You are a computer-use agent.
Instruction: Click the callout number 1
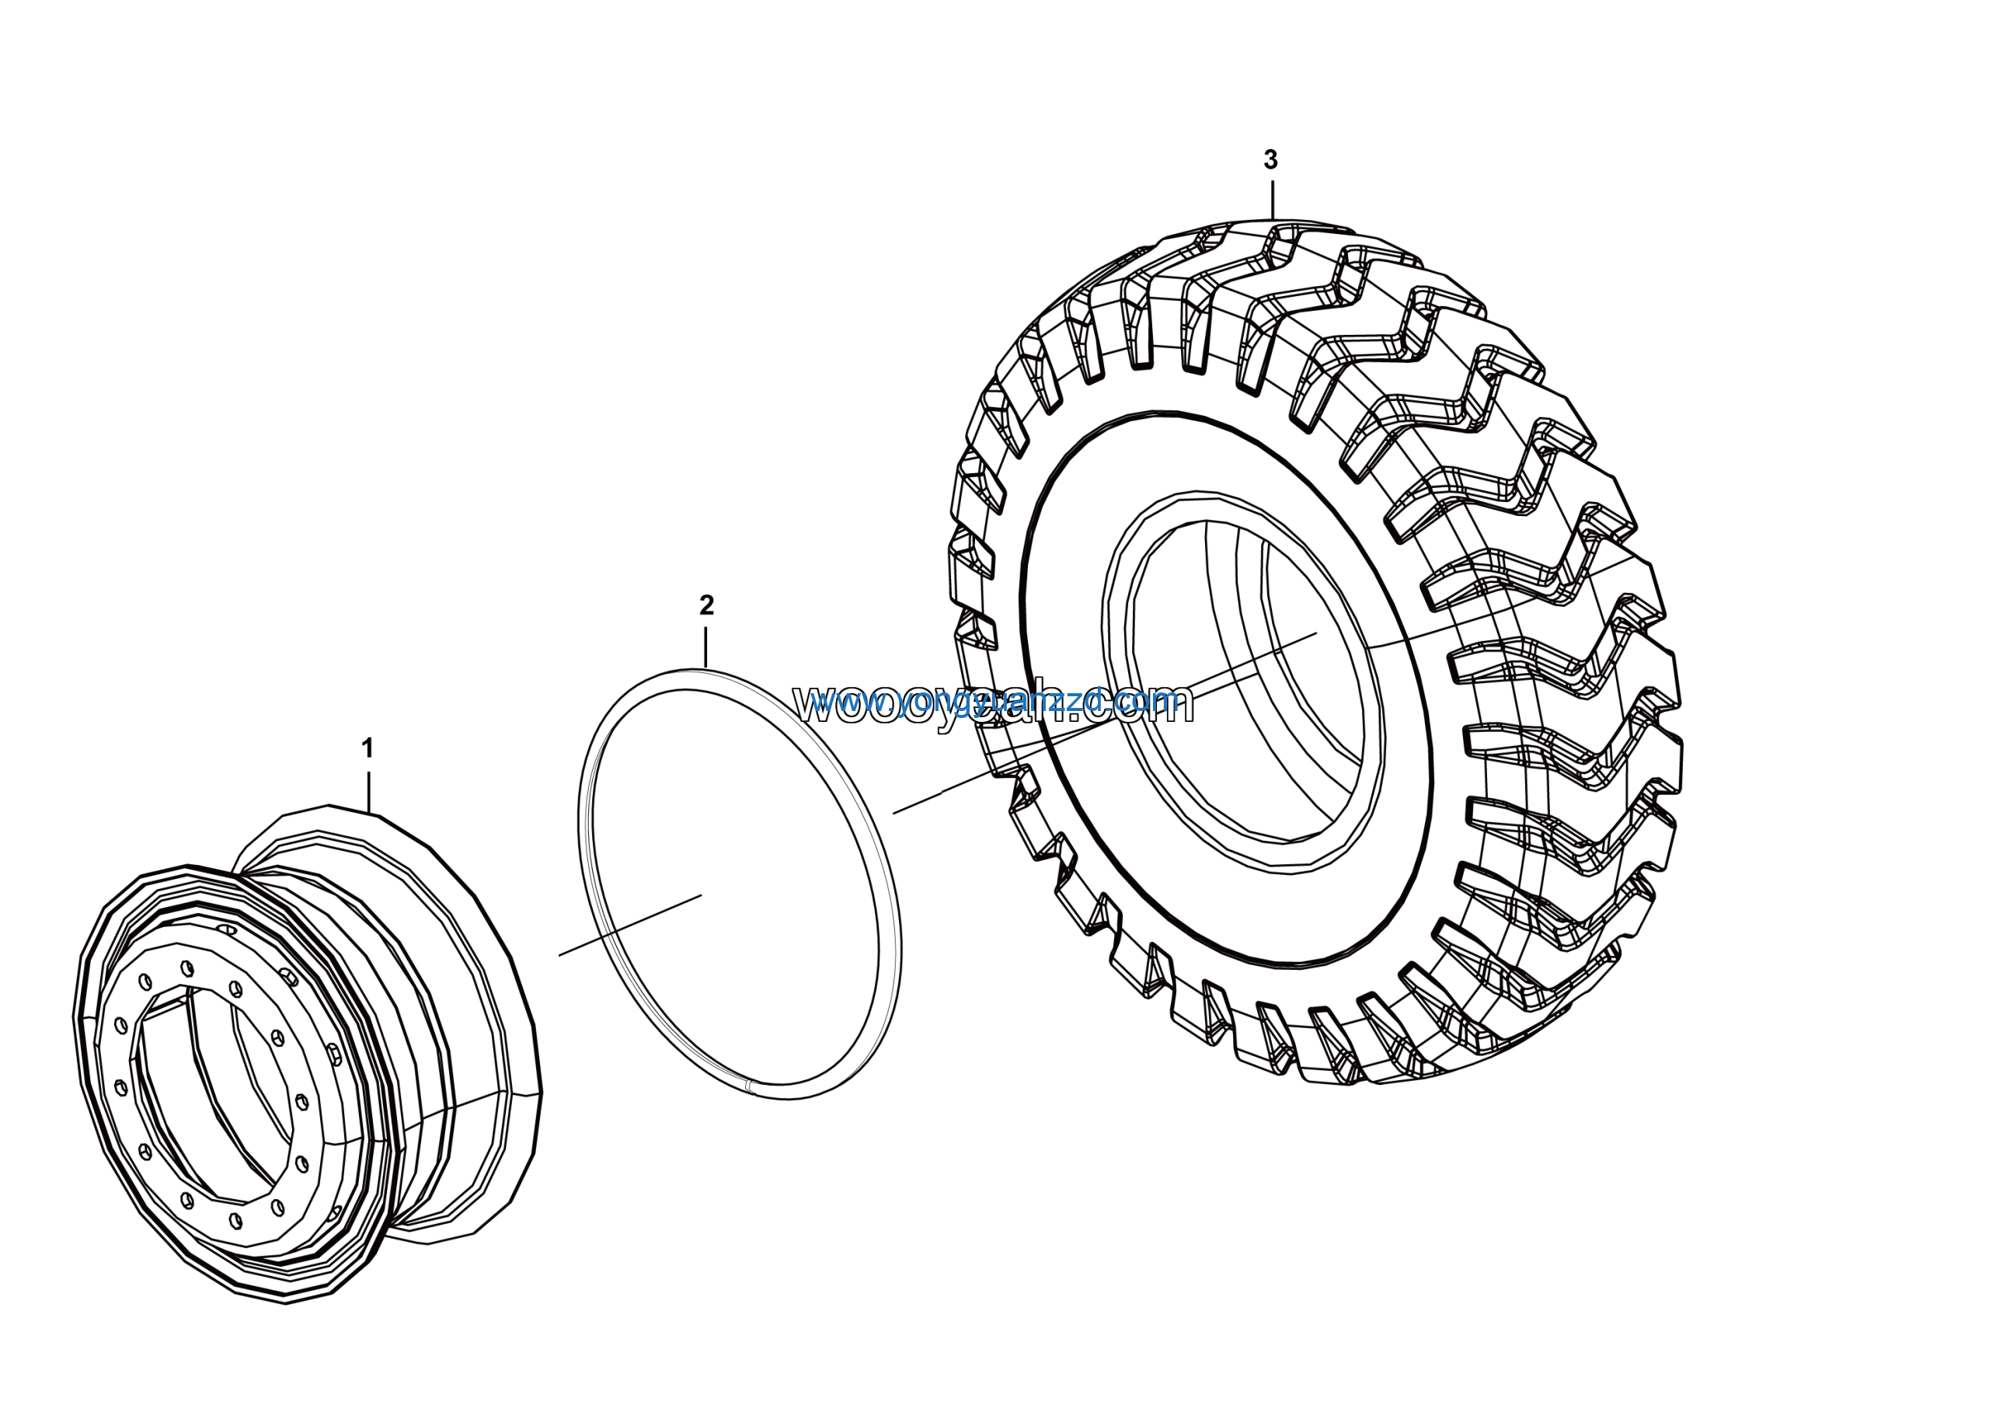367,748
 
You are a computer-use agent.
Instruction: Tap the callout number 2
706,605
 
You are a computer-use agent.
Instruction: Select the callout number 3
1270,159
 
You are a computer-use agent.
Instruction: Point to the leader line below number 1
369,790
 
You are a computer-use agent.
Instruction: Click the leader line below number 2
706,647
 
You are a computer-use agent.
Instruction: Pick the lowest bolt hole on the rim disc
235,1218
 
